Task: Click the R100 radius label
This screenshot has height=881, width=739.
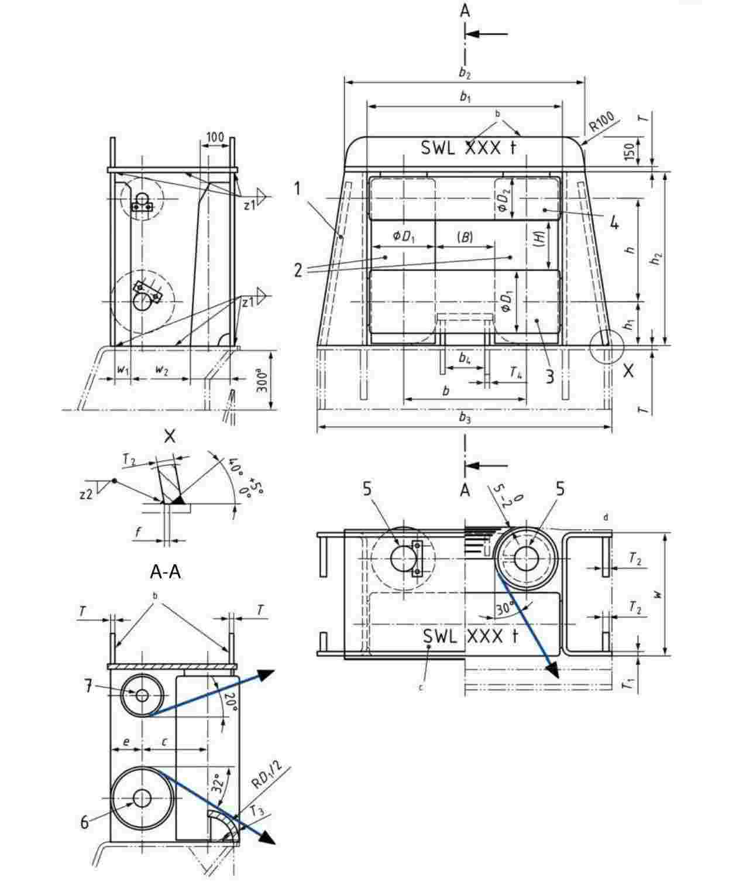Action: [602, 121]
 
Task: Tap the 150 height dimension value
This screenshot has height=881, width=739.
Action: [630, 151]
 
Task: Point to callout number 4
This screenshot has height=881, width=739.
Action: [613, 222]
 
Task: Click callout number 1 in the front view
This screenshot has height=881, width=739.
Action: [298, 188]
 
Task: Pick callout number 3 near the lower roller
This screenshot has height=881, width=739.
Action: [549, 376]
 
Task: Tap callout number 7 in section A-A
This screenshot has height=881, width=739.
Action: [88, 687]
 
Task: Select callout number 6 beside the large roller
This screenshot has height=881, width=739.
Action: [85, 822]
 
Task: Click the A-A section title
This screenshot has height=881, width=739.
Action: [166, 571]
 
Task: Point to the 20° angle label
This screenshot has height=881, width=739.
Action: [230, 700]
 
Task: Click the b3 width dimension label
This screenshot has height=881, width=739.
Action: [464, 417]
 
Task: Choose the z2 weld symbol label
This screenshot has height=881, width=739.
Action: [86, 494]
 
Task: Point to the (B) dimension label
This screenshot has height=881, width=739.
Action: [465, 236]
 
